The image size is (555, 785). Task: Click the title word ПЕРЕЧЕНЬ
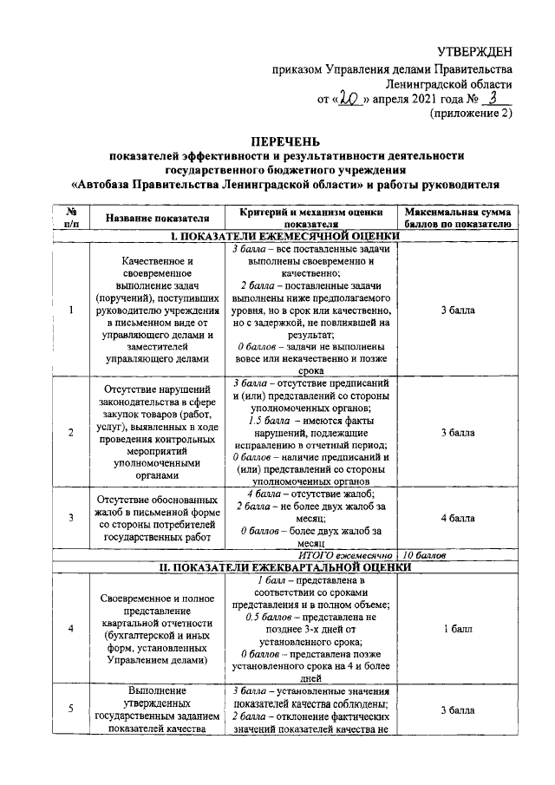(285, 141)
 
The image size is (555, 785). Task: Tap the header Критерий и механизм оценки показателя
(310, 217)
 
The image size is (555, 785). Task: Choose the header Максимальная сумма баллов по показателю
(456, 217)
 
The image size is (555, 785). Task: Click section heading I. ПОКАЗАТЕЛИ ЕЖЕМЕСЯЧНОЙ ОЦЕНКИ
(285, 235)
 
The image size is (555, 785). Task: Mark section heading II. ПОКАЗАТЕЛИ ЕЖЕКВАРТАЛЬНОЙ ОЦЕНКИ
(285, 566)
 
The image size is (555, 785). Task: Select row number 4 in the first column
(70, 628)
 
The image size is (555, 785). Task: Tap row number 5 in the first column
(70, 710)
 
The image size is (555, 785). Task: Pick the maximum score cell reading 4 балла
(456, 518)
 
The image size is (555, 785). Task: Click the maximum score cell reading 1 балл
(456, 628)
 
